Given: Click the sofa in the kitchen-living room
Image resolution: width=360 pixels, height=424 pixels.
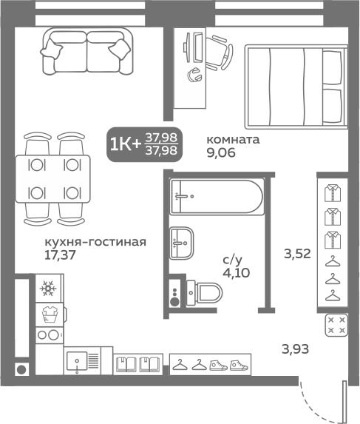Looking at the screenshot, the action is click(86, 51).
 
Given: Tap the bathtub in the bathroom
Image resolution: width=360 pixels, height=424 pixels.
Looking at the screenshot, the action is click(217, 197).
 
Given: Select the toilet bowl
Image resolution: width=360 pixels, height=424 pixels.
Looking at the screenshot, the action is click(205, 292).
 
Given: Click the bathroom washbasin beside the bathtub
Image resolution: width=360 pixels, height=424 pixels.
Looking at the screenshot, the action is click(182, 243).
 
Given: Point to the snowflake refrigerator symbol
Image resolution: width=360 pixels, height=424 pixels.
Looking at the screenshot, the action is click(48, 289).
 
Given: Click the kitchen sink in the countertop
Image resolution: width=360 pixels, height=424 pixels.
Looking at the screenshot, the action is click(77, 361).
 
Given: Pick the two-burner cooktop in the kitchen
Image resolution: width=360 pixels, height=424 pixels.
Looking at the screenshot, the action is click(49, 335).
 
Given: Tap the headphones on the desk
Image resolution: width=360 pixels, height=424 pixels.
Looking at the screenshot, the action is click(194, 75).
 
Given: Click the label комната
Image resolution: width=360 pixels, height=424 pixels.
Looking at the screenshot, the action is click(233, 140).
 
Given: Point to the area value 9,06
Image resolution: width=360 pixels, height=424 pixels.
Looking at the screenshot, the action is click(221, 152).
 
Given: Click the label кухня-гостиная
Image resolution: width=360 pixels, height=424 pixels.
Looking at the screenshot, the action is click(95, 242).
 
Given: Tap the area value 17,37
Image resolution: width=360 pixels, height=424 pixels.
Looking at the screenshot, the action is click(60, 255).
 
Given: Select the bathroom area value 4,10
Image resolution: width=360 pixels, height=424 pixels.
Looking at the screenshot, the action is click(237, 273).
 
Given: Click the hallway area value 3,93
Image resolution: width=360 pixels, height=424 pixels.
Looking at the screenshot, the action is click(296, 349).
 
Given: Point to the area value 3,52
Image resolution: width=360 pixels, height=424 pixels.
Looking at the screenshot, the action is click(297, 254).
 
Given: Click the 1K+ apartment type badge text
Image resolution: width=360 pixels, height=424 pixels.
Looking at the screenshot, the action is click(126, 145).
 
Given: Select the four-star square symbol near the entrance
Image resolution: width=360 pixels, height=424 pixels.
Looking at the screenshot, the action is click(336, 325).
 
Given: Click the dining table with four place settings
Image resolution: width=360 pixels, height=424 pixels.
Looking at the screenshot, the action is click(53, 179).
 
